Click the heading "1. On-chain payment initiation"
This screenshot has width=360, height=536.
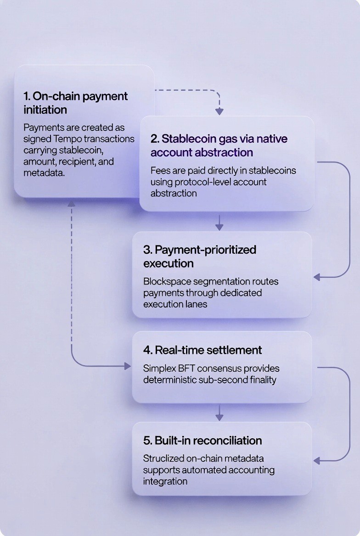(76, 103)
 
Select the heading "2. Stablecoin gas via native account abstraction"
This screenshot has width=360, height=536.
(219, 145)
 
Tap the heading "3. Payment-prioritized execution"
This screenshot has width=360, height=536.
(200, 257)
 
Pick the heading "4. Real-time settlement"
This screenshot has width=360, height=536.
(202, 350)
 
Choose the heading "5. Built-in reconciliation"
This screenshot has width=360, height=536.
(202, 441)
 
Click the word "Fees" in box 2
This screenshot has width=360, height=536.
(160, 170)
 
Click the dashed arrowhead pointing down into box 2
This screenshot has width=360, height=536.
(219, 112)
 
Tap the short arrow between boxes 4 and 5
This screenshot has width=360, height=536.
(219, 413)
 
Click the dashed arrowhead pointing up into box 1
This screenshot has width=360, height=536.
(72, 203)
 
